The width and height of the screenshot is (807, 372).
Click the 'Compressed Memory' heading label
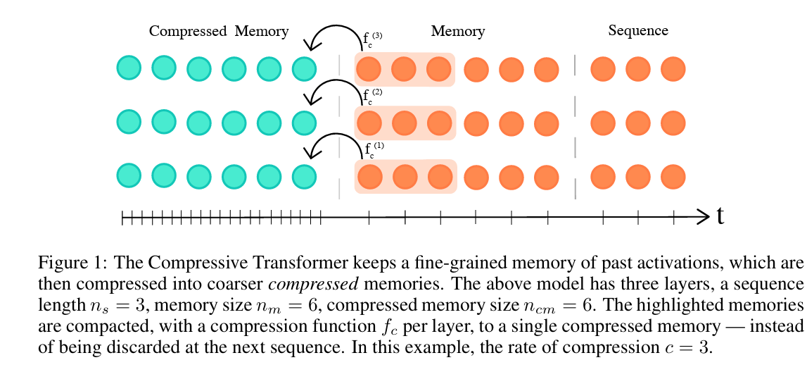tap(219, 31)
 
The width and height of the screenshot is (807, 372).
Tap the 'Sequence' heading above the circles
tap(638, 30)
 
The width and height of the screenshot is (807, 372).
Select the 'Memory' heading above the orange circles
tap(458, 31)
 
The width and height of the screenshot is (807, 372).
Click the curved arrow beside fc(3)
tap(331, 35)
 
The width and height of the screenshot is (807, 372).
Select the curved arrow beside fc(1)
tap(331, 144)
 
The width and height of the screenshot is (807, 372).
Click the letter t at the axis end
tap(720, 216)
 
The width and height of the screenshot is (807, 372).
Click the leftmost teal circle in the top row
tap(129, 68)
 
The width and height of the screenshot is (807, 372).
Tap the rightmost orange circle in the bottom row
tap(673, 177)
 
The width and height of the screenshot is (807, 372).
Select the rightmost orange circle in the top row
tap(673, 69)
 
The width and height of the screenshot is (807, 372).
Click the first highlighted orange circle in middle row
tap(369, 123)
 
